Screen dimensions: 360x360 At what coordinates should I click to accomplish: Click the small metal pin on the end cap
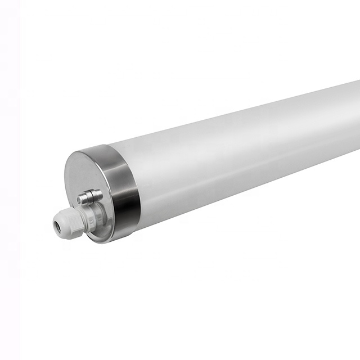(90, 197)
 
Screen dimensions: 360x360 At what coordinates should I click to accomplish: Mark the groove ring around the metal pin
(90, 197)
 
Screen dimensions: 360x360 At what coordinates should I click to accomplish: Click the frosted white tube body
(236, 152)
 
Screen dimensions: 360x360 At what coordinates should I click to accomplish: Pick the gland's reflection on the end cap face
(101, 225)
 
